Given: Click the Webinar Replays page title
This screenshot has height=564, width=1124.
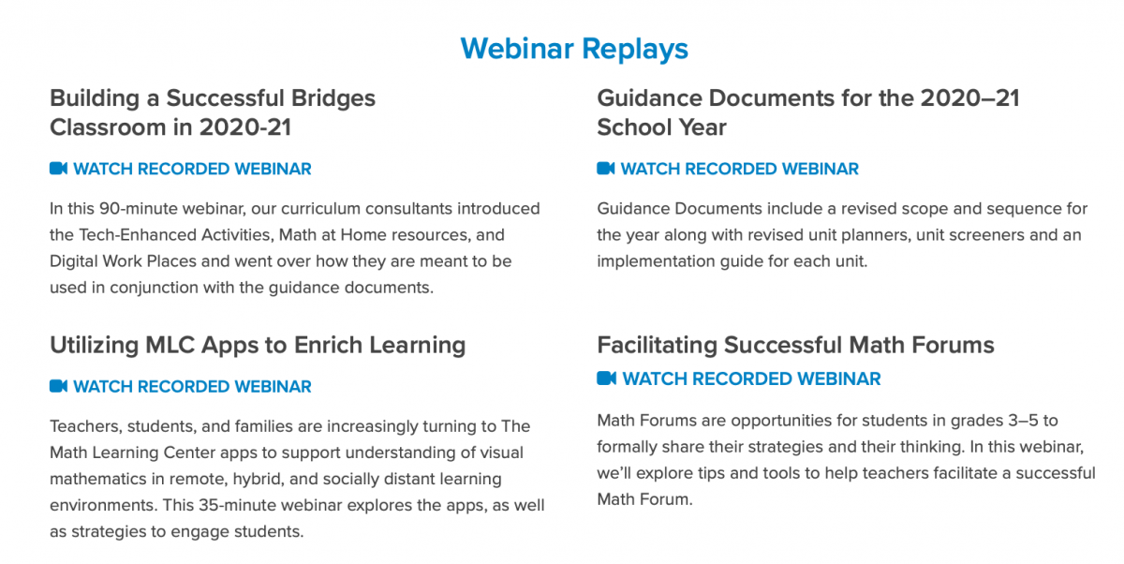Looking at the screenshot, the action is coord(574,49).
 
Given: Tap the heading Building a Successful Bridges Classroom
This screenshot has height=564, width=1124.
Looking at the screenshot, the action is coord(213,112).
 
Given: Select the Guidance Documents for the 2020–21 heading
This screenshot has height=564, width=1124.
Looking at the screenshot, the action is coord(807,112).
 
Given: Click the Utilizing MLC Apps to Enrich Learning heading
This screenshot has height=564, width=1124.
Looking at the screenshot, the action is coord(258,346).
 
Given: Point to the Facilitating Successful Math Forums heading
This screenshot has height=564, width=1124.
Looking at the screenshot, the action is coord(795,345).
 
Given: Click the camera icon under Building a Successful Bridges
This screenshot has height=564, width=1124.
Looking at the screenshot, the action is coord(58,168).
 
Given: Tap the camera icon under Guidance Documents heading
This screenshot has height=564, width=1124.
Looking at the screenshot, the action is coord(606,168).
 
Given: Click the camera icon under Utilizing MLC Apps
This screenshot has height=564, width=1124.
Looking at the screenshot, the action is coord(58,386).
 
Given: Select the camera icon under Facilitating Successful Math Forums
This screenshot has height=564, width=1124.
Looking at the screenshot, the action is coord(606,378).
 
